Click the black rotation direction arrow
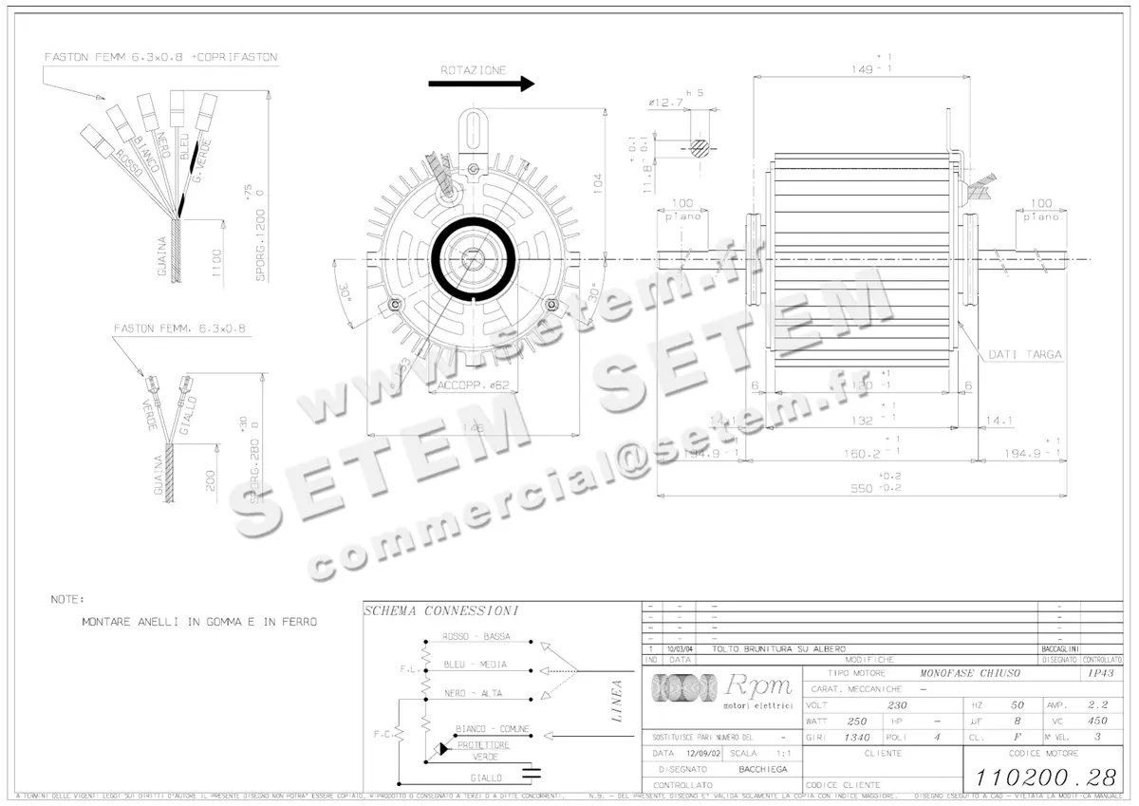481,84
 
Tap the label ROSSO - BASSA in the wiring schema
476,636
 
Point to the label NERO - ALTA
473,693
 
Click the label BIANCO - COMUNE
492,729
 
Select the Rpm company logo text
757,686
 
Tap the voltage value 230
896,705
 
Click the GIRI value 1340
857,737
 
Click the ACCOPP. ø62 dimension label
474,385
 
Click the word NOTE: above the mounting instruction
67,600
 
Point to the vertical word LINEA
617,701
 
